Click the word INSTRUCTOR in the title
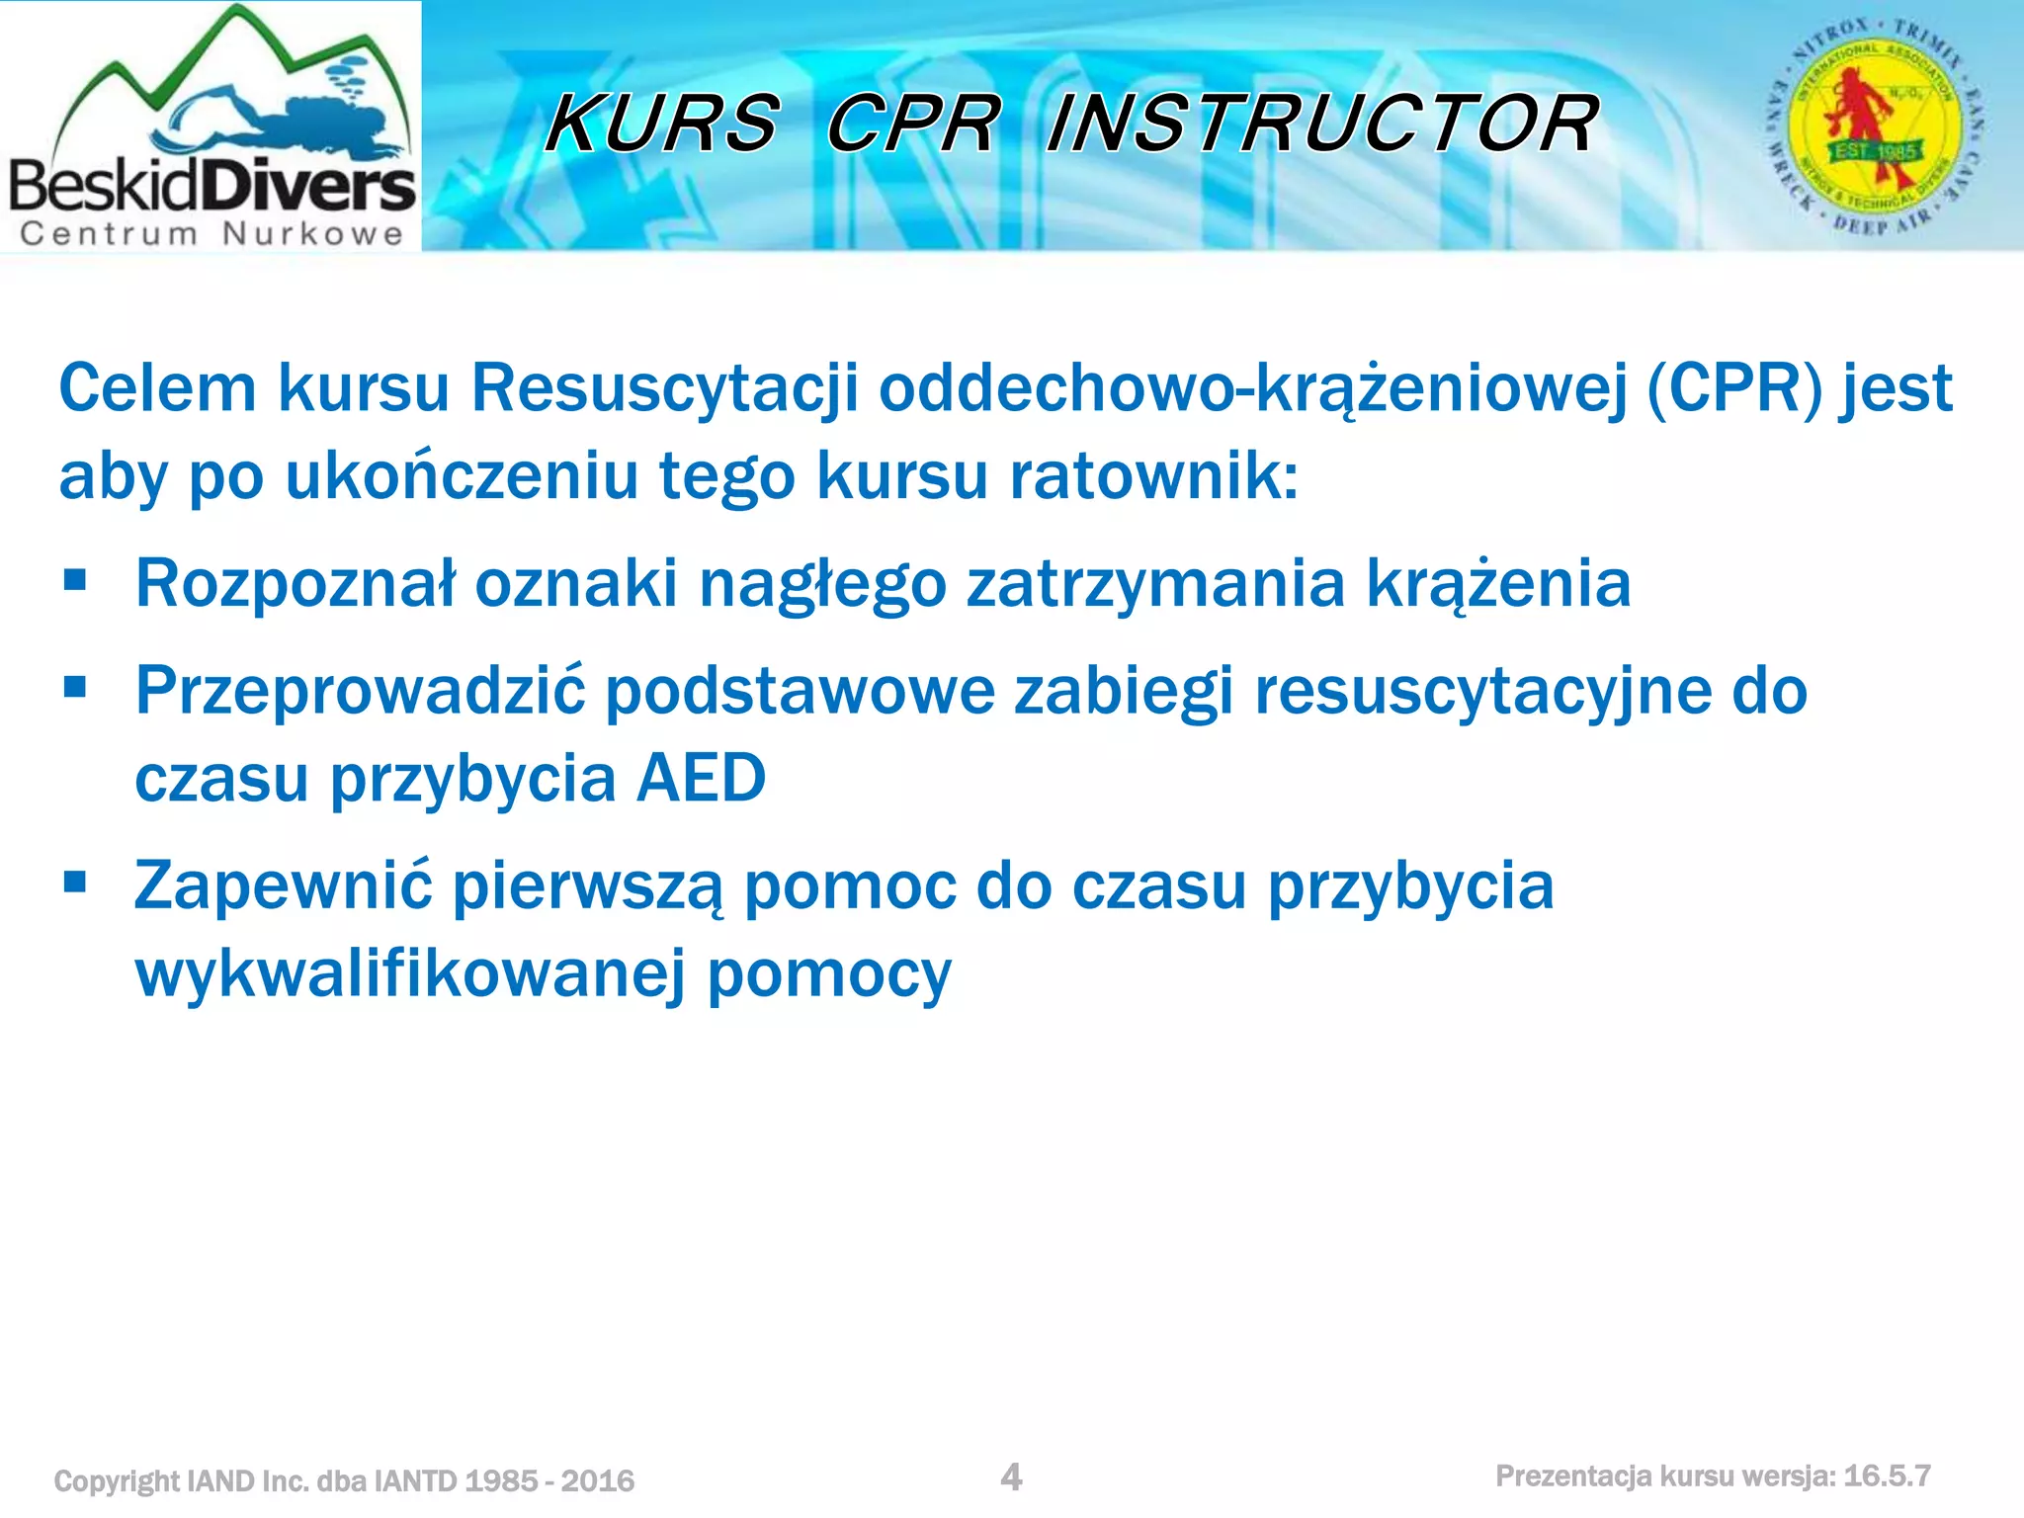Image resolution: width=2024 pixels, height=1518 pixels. pyautogui.click(x=1322, y=125)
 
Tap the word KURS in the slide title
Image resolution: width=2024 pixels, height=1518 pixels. pyautogui.click(x=662, y=125)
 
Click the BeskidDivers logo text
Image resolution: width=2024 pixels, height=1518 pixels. pyautogui.click(x=211, y=186)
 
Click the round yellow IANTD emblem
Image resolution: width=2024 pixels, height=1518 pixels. pyautogui.click(x=1875, y=126)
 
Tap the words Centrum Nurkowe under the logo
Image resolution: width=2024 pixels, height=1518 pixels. pyautogui.click(x=211, y=234)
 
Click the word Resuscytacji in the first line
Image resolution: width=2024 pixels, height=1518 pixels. pyautogui.click(x=664, y=387)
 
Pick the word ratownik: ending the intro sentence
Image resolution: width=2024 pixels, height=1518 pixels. pyautogui.click(x=1152, y=475)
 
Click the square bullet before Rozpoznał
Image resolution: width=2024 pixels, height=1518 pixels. pyautogui.click(x=75, y=579)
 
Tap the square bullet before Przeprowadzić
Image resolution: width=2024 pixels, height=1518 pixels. pyautogui.click(x=75, y=686)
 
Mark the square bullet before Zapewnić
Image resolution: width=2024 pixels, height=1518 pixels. pyautogui.click(x=75, y=881)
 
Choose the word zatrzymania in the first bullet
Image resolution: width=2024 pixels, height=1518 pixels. pyautogui.click(x=1155, y=583)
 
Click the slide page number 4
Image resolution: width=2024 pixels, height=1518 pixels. pyautogui.click(x=1011, y=1476)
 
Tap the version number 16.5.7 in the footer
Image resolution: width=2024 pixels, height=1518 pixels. pyautogui.click(x=1887, y=1476)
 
